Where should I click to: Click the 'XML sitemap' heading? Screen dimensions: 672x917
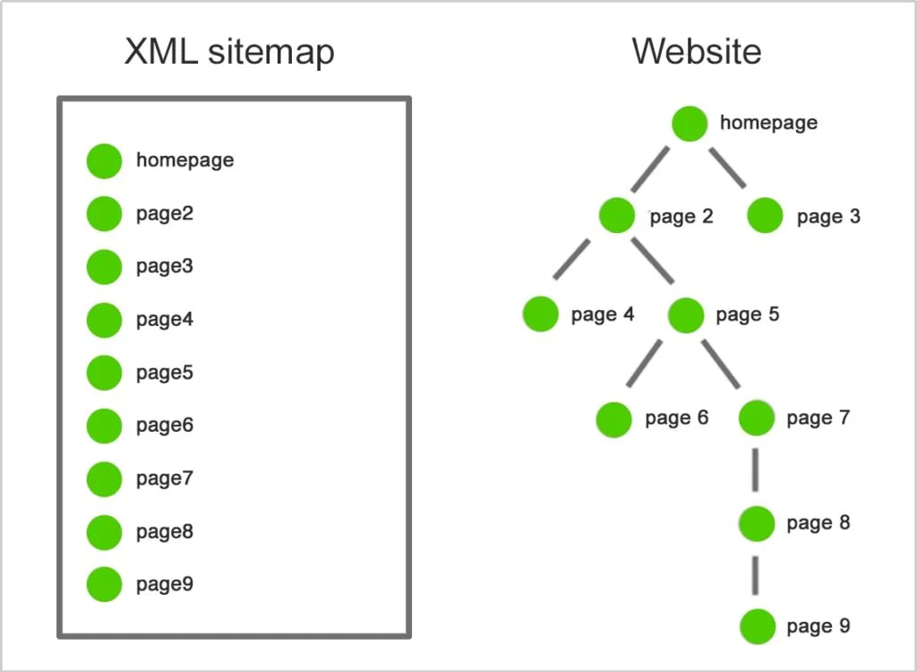229,51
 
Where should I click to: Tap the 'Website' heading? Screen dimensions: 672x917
697,51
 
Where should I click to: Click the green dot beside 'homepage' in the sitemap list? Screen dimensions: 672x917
104,161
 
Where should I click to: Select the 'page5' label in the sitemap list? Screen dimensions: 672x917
165,372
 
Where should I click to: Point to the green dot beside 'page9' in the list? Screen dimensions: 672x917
104,584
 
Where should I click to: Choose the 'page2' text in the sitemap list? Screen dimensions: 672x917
165,214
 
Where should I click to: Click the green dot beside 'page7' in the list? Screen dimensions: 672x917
104,478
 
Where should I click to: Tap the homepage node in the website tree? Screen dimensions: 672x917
690,124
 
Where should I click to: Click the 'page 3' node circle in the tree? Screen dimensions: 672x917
764,216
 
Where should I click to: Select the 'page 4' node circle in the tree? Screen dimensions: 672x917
541,314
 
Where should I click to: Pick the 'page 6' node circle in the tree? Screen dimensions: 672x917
614,419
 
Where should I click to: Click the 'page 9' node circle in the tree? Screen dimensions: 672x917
758,626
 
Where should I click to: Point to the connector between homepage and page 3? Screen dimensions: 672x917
728,168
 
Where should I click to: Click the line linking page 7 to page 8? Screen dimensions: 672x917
756,470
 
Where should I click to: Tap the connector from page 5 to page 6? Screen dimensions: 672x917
644,365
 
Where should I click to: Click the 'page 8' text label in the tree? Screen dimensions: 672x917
818,523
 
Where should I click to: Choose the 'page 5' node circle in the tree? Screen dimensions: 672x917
686,314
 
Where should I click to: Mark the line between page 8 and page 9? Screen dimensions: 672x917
757,574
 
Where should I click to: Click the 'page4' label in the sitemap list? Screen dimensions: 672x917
165,319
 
